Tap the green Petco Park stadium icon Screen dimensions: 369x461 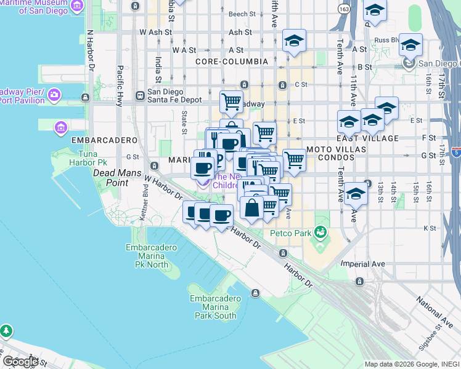click(x=320, y=232)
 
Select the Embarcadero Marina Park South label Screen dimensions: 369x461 click(x=213, y=307)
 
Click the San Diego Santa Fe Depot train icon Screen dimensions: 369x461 click(x=141, y=95)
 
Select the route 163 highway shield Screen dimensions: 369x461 click(x=345, y=9)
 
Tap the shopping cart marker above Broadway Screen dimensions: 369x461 click(x=232, y=101)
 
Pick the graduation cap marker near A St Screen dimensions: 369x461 click(x=295, y=41)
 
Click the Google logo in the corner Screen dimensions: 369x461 click(x=20, y=362)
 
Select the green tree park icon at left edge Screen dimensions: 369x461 click(x=6, y=331)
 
